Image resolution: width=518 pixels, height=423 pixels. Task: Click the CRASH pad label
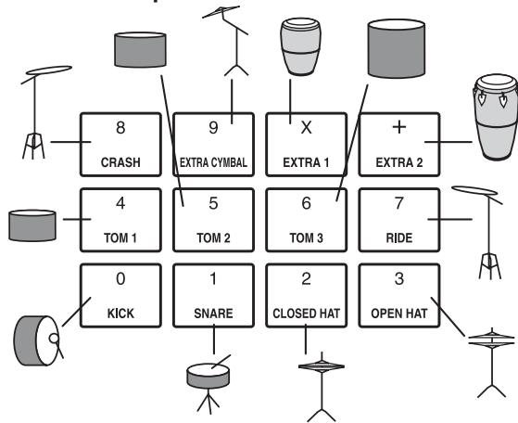120,162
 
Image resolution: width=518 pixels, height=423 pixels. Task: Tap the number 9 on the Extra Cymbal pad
213,128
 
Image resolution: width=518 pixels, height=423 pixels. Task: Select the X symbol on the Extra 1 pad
306,128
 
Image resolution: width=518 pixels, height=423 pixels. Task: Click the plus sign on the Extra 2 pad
399,127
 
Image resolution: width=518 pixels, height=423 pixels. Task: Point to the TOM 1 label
120,237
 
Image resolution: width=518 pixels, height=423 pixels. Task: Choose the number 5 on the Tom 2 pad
213,203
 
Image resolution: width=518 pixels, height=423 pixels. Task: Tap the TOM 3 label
306,237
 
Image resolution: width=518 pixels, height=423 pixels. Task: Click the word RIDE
399,237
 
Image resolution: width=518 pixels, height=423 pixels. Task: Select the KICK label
120,314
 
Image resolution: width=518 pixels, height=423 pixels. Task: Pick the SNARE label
213,314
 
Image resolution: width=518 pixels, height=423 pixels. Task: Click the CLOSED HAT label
306,314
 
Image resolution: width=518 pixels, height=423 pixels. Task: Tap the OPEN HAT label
399,314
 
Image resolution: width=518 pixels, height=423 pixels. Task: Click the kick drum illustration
36,340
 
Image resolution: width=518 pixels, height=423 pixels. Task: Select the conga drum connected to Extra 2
496,118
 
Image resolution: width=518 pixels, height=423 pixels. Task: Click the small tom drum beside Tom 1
32,225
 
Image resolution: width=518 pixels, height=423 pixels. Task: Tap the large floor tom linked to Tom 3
397,48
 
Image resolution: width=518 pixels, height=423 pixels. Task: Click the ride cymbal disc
474,190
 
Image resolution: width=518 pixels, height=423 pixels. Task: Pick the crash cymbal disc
49,70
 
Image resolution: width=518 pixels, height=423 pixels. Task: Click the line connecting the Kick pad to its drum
76,312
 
